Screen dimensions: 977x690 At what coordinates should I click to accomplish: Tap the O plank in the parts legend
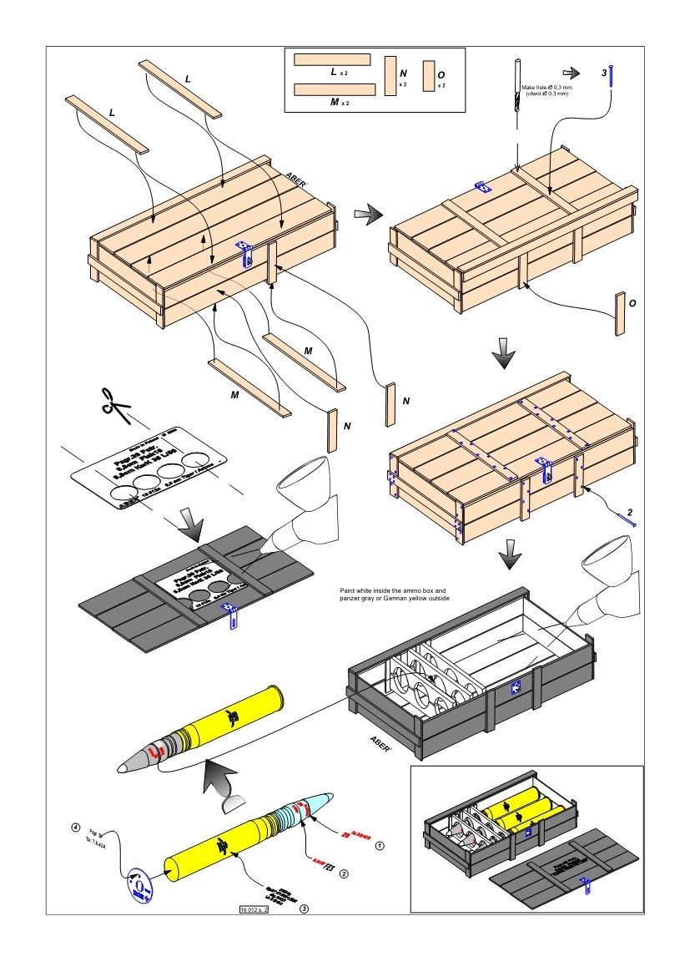pyautogui.click(x=429, y=75)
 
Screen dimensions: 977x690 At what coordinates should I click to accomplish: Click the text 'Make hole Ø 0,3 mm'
pyautogui.click(x=546, y=88)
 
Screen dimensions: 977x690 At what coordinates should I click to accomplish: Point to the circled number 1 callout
pyautogui.click(x=379, y=845)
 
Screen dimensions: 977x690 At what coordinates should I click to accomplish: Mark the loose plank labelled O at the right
pyautogui.click(x=620, y=314)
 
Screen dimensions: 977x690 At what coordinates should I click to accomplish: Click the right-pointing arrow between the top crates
pyautogui.click(x=365, y=215)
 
